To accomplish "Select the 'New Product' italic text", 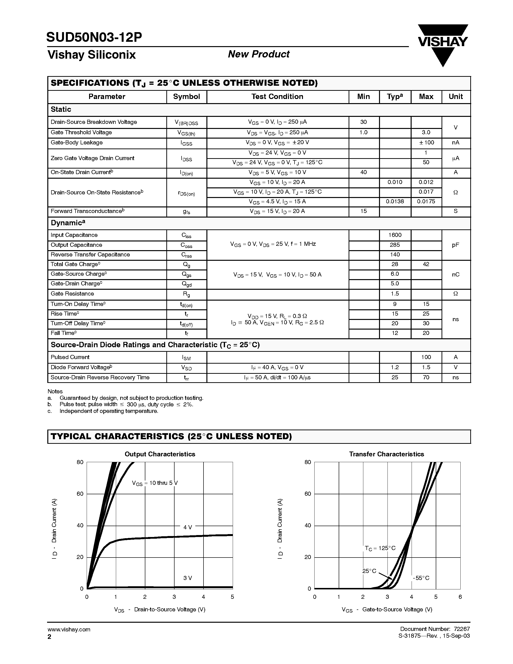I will click(258, 54).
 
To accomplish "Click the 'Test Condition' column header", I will click(277, 97).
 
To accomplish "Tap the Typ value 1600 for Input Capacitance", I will click(395, 235).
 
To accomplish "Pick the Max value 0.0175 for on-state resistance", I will click(426, 202).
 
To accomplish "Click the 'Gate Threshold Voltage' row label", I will click(81, 133).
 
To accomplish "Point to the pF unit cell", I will click(455, 245).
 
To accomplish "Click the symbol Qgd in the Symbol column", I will click(186, 284).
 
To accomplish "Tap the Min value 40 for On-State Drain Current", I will click(364, 172).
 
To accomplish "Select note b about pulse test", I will click(126, 404).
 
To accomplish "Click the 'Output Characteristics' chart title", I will click(160, 454).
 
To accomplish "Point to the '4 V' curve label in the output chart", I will click(188, 527).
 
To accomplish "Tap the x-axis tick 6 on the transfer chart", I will click(460, 597).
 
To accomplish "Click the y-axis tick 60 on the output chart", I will click(80, 494).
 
